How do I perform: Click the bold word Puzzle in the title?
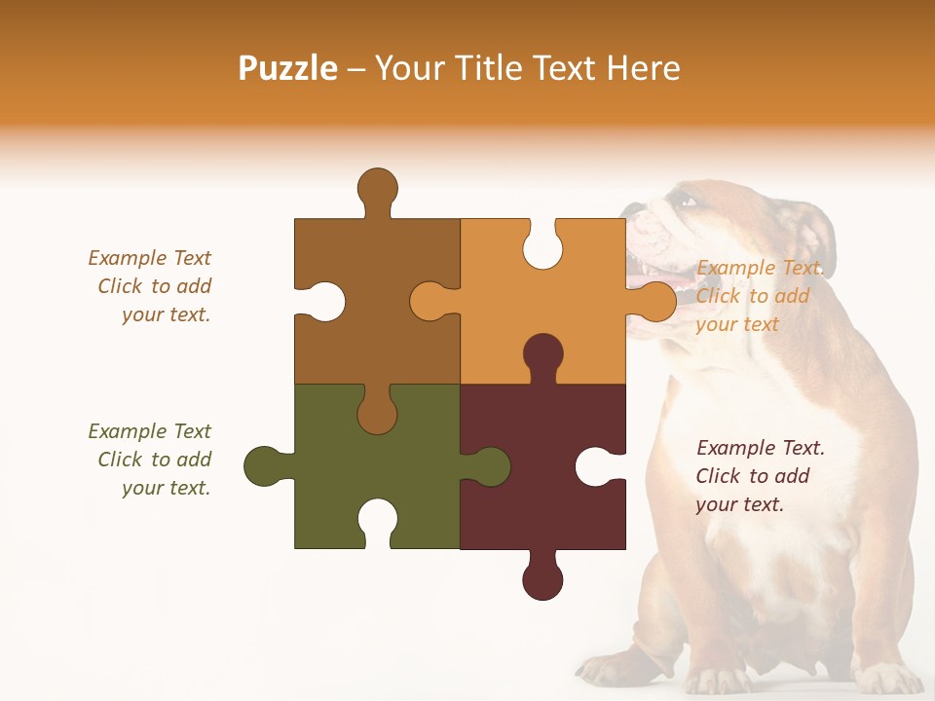[x=288, y=68]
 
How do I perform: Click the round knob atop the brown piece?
[x=377, y=188]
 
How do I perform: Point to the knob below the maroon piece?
[x=542, y=579]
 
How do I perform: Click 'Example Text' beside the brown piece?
[x=149, y=258]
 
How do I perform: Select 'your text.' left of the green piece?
[x=166, y=488]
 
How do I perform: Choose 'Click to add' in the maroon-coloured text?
[x=752, y=476]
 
